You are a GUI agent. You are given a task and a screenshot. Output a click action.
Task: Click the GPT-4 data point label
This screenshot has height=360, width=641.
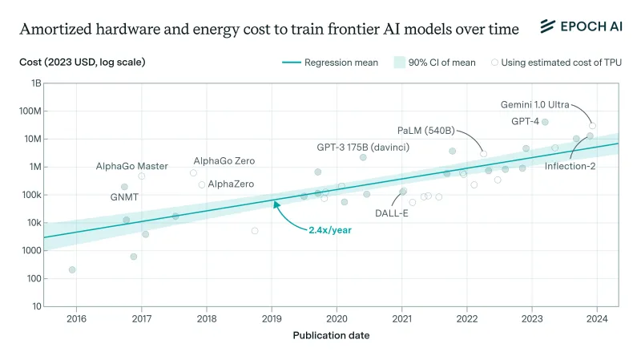[x=525, y=121]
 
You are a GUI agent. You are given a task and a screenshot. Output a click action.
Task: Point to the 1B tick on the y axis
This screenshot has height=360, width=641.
[x=36, y=83]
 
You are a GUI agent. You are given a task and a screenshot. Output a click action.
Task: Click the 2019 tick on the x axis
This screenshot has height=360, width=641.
[x=272, y=318]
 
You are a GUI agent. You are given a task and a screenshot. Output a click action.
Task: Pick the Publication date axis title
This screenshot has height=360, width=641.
[x=331, y=335]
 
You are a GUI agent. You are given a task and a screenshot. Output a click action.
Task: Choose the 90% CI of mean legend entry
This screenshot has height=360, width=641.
[x=437, y=62]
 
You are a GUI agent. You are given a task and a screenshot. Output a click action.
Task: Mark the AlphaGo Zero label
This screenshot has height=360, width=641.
[x=224, y=161]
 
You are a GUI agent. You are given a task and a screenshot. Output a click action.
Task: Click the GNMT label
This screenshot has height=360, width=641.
[x=124, y=196]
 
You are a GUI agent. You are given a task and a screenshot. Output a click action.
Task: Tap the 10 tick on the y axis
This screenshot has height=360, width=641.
[x=37, y=306]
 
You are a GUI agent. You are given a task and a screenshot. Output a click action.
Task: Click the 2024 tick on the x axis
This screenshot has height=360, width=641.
[x=597, y=318]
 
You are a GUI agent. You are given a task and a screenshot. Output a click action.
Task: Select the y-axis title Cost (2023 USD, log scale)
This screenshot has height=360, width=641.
[x=83, y=62]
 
